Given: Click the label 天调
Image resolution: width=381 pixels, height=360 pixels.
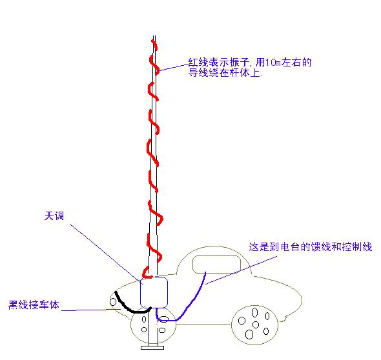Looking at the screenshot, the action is pos(54,215).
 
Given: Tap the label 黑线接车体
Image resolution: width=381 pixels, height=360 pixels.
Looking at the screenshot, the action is pos(34,305).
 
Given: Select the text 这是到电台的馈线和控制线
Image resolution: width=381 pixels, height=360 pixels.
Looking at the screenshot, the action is pos(311,247).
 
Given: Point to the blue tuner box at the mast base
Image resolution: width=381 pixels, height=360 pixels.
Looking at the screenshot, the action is pos(154,292).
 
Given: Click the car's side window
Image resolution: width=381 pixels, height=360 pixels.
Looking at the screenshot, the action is pos(216,264).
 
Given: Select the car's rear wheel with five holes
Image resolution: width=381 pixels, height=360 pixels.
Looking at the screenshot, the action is pos(254,325).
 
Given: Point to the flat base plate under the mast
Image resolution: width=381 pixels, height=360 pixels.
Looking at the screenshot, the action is pos(152,348).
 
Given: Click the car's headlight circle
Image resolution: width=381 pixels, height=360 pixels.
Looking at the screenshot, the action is pos(113,302).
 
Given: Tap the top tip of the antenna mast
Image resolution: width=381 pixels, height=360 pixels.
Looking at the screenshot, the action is pos(154,36).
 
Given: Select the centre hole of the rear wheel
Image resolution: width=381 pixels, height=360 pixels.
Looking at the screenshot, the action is pos(256,325).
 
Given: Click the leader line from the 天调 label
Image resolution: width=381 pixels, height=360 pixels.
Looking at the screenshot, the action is pos(107,254).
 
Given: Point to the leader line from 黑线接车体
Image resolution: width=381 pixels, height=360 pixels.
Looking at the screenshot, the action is pos(91,310).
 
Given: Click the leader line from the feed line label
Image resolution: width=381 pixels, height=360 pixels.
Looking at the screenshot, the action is pos(242,270).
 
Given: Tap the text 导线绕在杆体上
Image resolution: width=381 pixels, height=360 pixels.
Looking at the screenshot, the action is pos(225,73).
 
